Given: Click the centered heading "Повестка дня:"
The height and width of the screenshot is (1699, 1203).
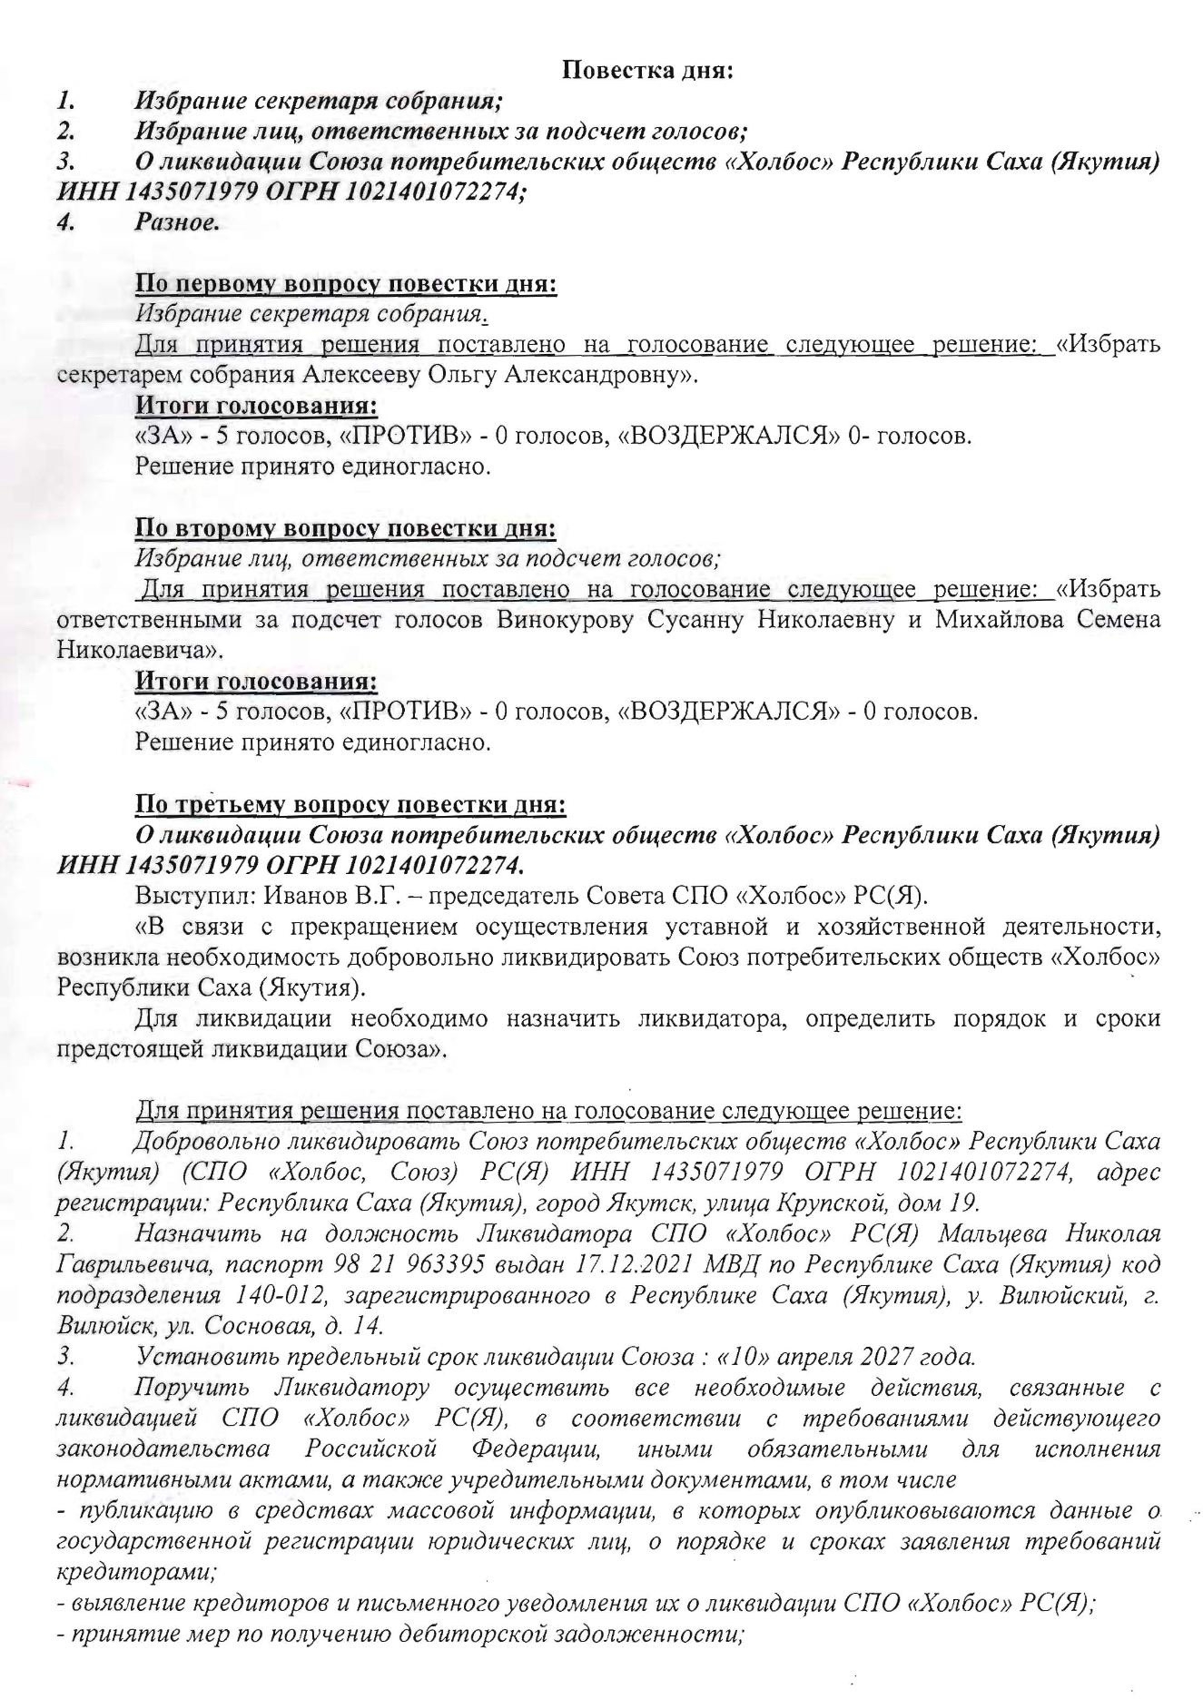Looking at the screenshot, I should [x=647, y=71].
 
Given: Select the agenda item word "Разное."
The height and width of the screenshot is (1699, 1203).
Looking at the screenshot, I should [x=177, y=221].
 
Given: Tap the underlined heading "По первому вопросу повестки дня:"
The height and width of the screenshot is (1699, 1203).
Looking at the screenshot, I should [x=346, y=284].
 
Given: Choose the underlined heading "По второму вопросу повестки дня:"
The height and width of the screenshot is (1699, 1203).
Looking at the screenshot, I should [x=346, y=528].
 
